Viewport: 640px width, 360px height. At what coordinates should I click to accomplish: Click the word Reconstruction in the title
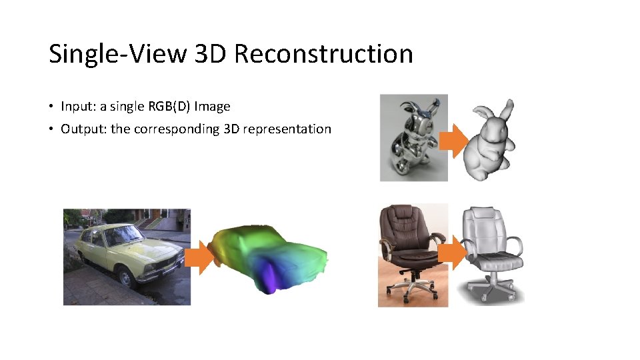(323, 54)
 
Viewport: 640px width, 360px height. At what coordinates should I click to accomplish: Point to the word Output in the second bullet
(81, 129)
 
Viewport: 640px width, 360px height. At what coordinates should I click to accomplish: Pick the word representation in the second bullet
(287, 129)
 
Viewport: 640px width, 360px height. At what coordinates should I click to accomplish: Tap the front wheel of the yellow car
(125, 279)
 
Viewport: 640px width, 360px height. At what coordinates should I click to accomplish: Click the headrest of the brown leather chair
(402, 215)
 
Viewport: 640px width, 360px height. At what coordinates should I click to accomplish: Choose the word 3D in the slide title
(211, 54)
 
